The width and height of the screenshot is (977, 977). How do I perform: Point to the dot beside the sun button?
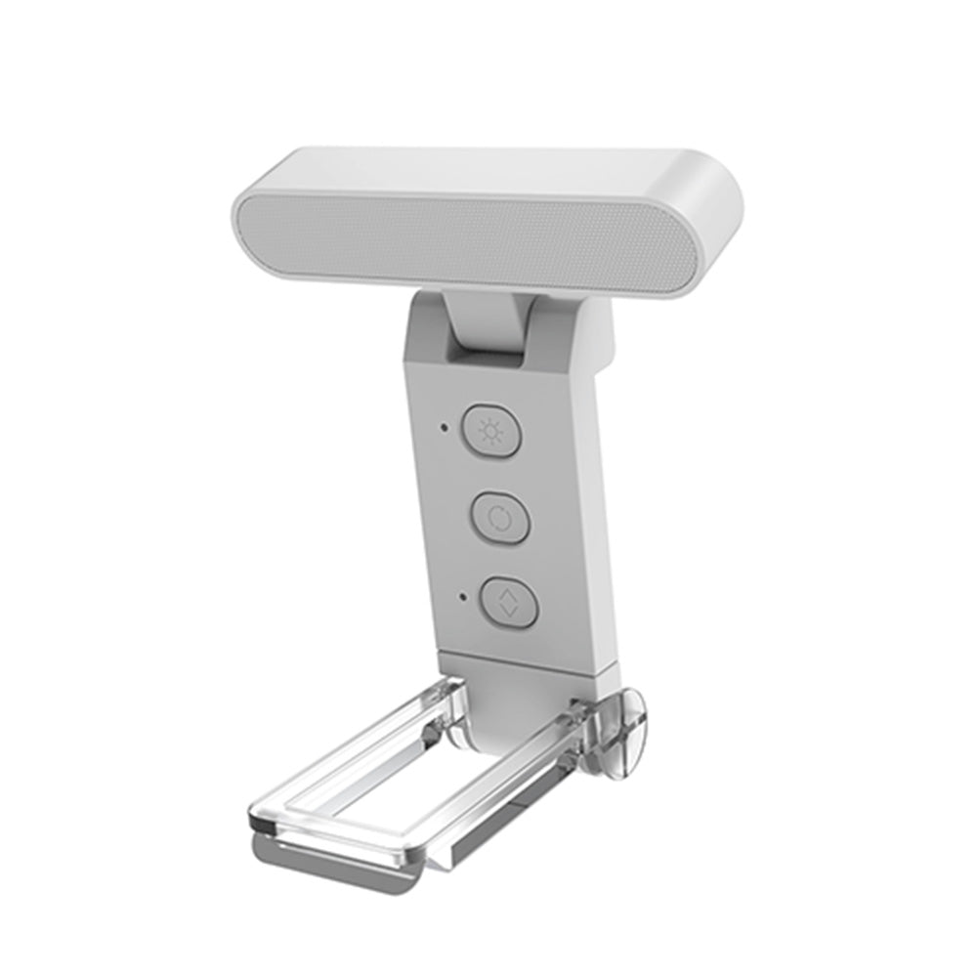click(445, 427)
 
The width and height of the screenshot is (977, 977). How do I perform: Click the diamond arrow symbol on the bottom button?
click(508, 598)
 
